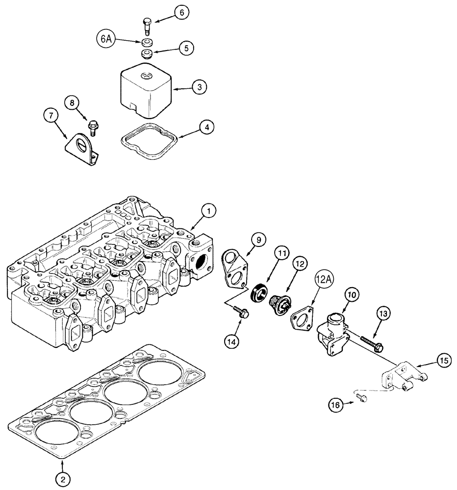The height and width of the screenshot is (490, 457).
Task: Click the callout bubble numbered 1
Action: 208,211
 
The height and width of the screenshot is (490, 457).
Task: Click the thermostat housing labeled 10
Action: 332,331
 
